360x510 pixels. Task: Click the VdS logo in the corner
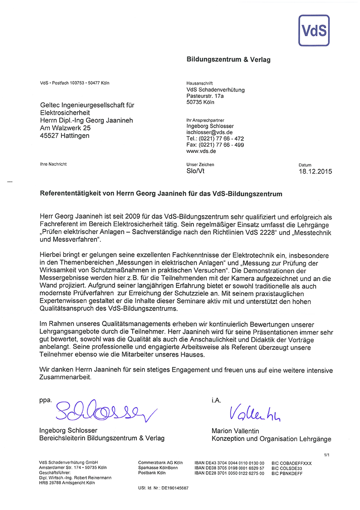point(313,30)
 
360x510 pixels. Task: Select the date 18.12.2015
point(315,172)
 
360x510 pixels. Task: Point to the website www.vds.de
point(201,151)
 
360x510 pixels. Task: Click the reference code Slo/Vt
point(195,171)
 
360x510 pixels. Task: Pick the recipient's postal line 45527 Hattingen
point(65,136)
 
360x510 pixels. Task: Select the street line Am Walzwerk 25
point(66,128)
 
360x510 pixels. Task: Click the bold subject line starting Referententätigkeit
point(161,194)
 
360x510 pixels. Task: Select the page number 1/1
point(327,455)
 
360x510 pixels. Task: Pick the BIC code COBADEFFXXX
point(291,463)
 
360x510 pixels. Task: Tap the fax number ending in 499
point(215,145)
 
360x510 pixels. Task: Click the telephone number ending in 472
point(215,138)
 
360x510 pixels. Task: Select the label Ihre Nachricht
point(54,164)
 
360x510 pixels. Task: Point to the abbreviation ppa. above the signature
point(46,400)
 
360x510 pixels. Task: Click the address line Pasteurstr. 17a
point(208,96)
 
